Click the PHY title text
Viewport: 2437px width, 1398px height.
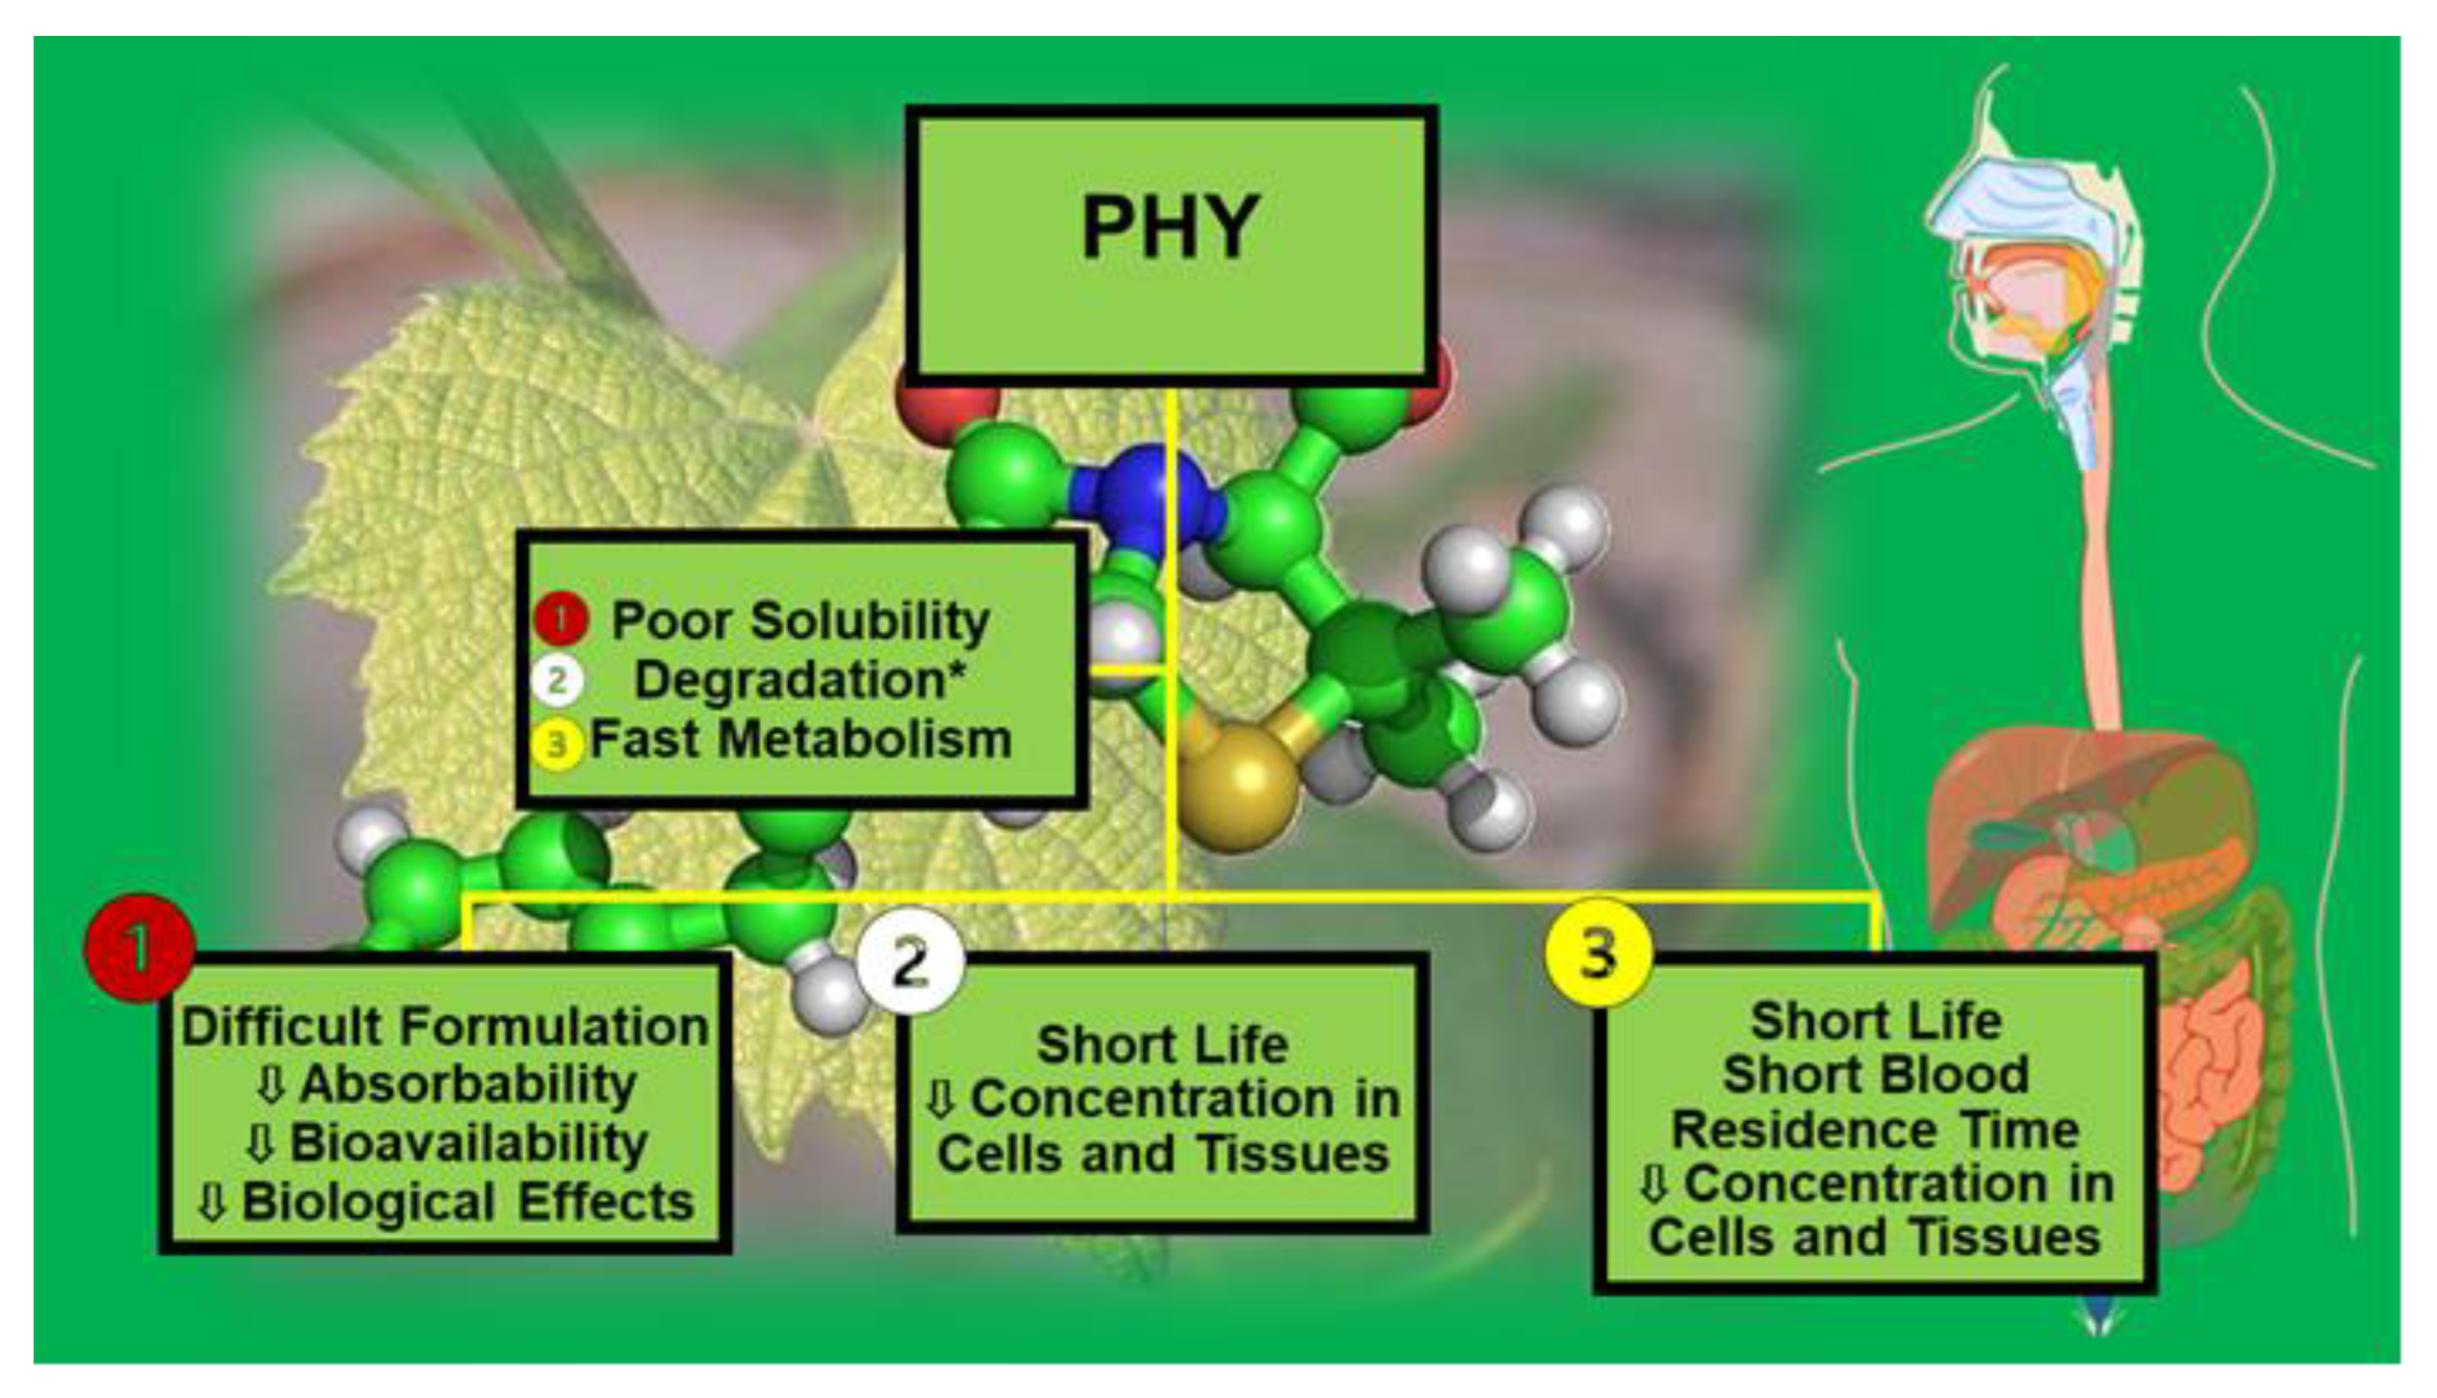1170,227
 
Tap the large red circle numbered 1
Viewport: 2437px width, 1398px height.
140,948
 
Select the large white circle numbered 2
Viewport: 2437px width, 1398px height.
910,961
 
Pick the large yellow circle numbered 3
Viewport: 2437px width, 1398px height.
1599,953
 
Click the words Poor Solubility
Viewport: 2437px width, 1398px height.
800,621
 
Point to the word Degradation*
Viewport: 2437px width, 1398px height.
799,680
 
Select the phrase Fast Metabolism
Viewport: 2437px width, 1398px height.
800,739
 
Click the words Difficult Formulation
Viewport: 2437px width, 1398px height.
445,1026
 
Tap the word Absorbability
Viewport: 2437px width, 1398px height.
468,1084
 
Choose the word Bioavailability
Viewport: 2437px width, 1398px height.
469,1143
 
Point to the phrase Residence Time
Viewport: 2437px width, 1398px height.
1875,1130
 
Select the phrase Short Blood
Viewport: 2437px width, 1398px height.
1875,1074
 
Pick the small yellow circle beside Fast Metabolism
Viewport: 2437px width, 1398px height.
557,743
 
